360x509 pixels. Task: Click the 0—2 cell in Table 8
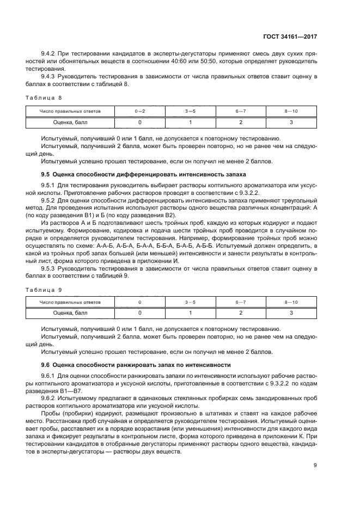pyautogui.click(x=140, y=112)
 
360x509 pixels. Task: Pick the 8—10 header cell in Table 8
pyautogui.click(x=291, y=112)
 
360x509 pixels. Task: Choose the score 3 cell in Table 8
pyautogui.click(x=291, y=122)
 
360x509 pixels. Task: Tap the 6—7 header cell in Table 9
pyautogui.click(x=241, y=302)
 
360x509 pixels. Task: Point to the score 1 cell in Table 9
pyautogui.click(x=190, y=313)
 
